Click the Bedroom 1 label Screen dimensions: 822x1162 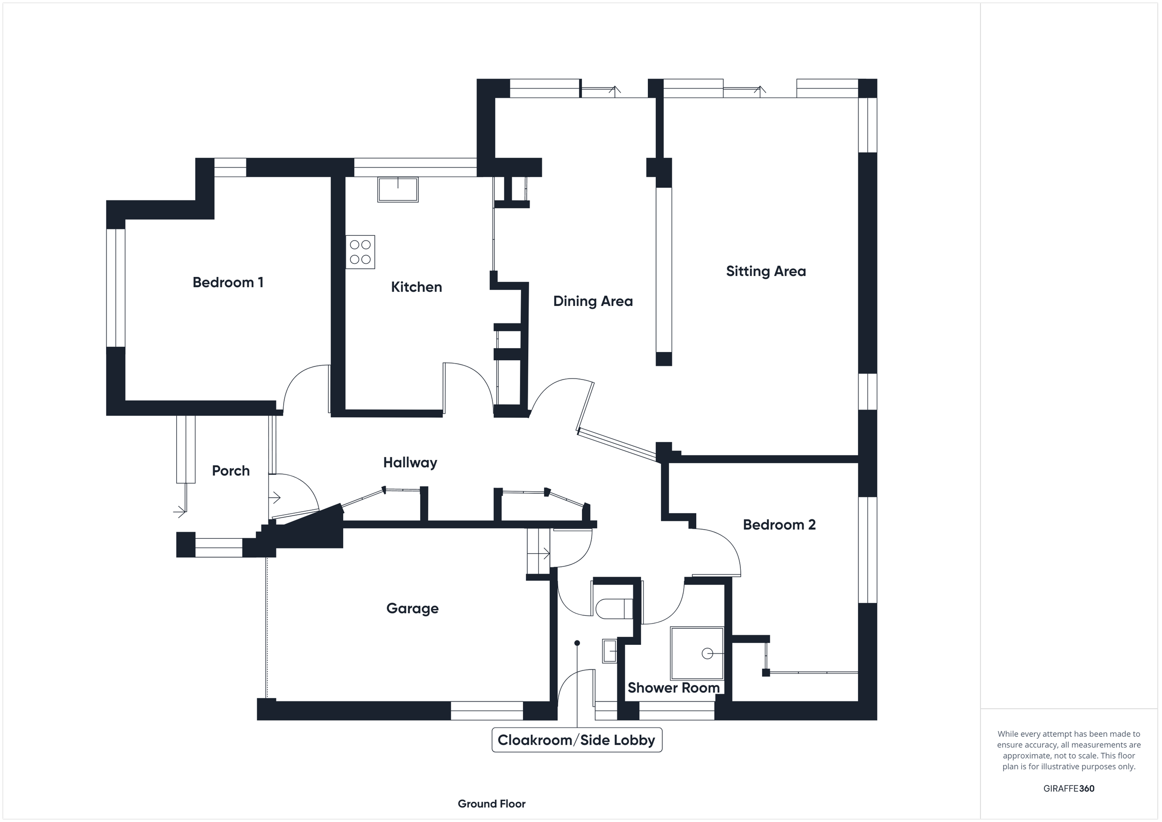228,282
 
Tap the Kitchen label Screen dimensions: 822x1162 416,287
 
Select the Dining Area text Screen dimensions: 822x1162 593,301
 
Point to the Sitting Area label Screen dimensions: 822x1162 766,271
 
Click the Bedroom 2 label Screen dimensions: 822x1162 779,524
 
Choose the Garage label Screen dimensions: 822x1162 412,608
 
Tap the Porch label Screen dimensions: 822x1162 231,471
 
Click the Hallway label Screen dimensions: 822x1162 410,462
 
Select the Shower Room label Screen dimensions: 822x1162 673,687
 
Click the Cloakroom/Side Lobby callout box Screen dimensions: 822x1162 577,740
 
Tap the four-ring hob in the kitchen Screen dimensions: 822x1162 360,252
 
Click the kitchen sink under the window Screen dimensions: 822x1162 398,190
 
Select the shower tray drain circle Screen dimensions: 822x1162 707,654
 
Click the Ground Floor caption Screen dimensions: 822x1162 491,804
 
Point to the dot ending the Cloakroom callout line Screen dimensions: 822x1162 577,643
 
